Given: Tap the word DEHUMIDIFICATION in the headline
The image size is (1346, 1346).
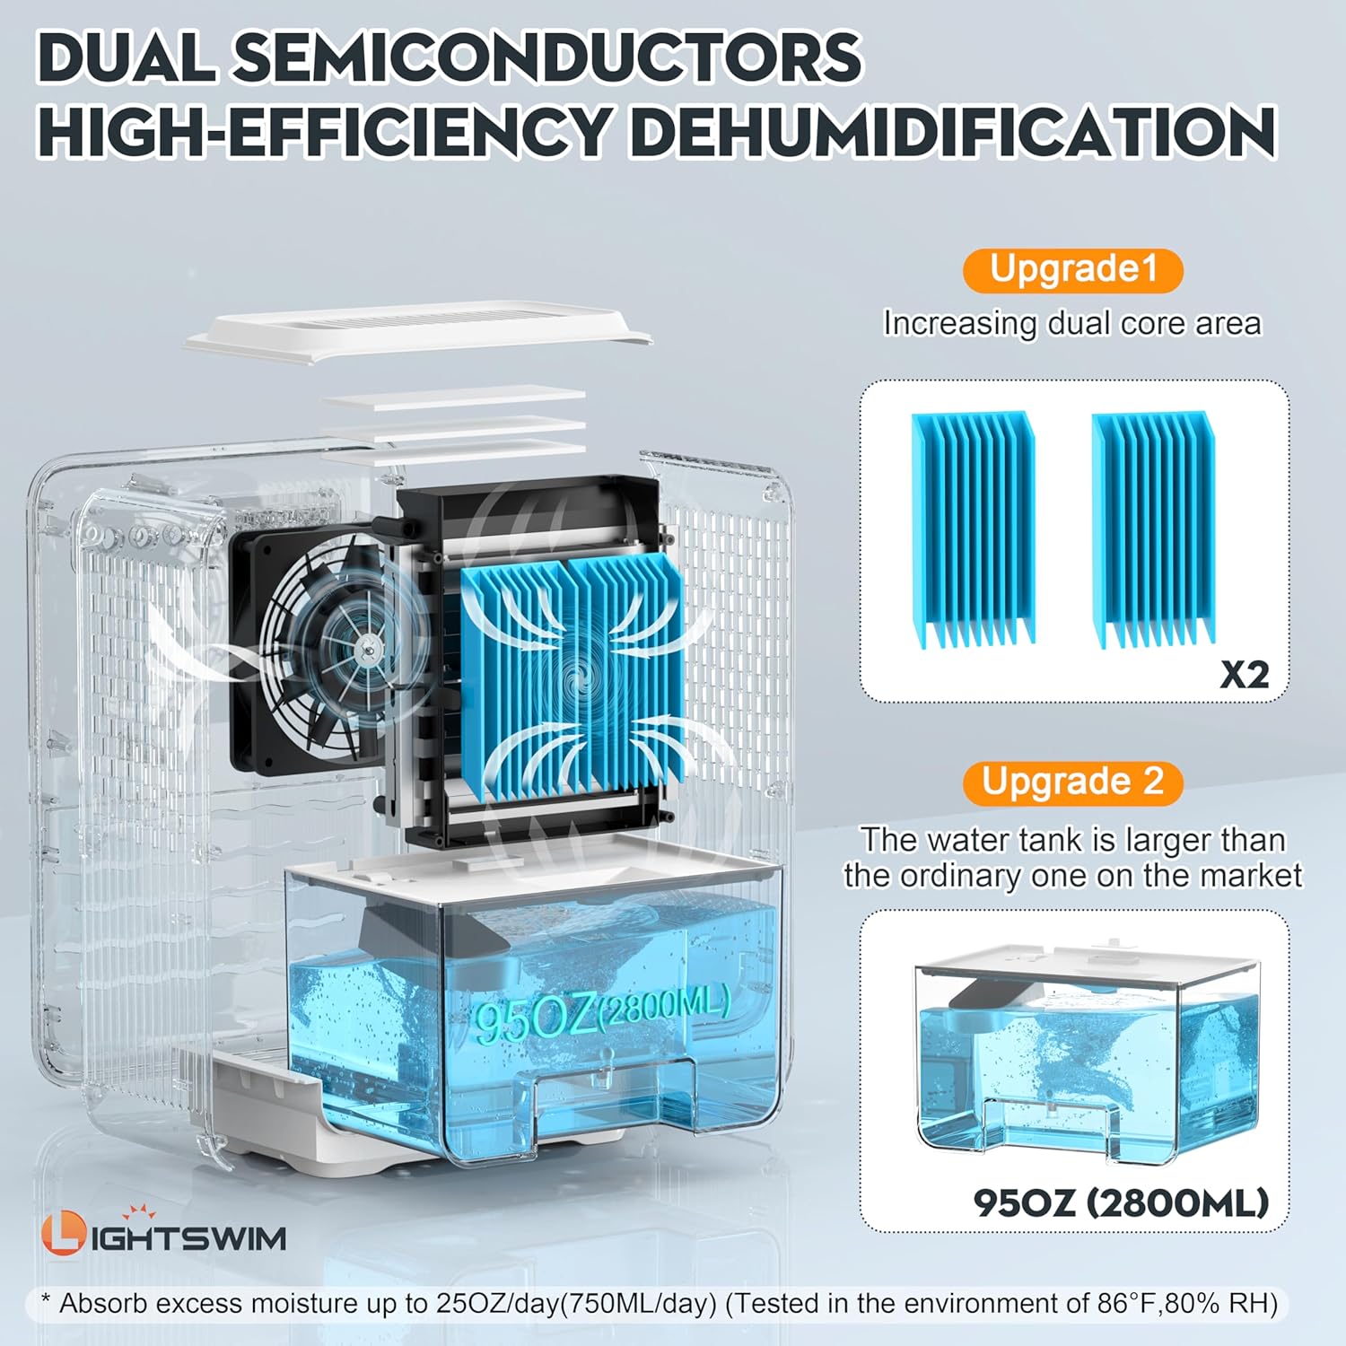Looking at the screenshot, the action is pos(953,131).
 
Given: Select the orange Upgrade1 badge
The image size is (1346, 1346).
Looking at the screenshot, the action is pos(1073,270).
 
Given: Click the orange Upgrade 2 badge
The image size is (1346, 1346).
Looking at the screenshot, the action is pos(1073,782).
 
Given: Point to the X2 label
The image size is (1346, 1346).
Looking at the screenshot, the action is pos(1245,674).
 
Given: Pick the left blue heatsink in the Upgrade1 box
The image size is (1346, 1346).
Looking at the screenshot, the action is pos(974,529).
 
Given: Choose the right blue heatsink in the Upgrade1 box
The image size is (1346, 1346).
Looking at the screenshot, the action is pos(1153,529).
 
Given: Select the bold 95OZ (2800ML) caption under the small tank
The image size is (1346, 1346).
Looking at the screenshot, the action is pos(1121,1202).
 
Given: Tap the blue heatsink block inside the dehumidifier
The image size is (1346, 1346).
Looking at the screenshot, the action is pos(572,677).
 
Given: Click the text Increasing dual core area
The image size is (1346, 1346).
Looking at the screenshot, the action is pos(1072,323).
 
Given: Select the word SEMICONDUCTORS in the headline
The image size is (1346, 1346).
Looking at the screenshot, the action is pos(547,57).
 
